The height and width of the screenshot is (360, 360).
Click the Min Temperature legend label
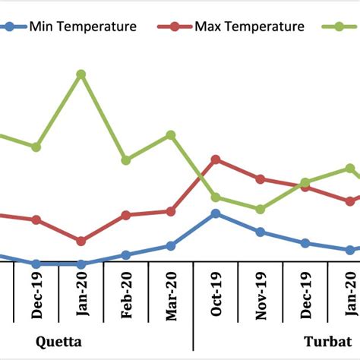click(x=83, y=27)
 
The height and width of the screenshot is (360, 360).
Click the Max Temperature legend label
click(x=249, y=27)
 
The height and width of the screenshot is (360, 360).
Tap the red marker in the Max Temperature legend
click(x=175, y=27)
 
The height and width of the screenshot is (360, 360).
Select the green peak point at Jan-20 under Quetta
click(x=81, y=74)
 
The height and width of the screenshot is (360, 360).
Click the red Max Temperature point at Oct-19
click(x=216, y=159)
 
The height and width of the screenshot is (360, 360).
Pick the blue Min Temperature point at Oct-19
click(x=216, y=213)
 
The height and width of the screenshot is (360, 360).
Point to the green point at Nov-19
click(x=261, y=209)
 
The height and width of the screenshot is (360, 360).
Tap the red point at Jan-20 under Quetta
click(x=81, y=241)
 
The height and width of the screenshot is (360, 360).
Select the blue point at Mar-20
click(x=171, y=246)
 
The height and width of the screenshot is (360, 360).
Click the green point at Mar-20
click(x=171, y=135)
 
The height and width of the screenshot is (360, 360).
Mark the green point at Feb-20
click(x=126, y=160)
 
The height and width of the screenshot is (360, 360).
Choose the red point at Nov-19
click(x=261, y=179)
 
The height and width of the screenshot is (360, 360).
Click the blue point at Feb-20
click(x=126, y=255)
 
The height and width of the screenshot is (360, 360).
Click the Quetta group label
click(x=58, y=341)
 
